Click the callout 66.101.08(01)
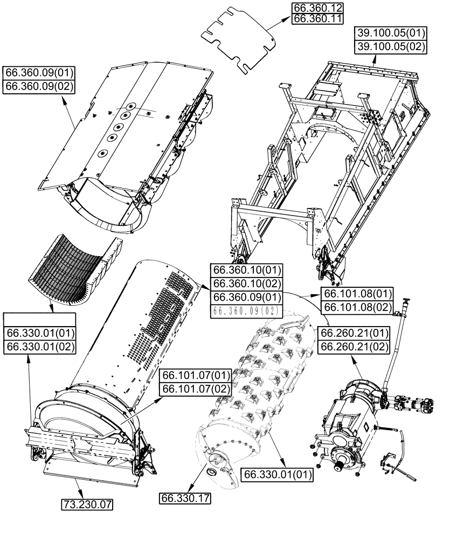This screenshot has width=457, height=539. click(357, 294)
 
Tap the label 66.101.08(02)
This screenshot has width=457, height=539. click(357, 307)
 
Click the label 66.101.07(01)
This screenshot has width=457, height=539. click(196, 375)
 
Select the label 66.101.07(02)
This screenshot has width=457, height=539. click(196, 388)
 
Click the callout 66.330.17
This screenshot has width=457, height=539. click(185, 499)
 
